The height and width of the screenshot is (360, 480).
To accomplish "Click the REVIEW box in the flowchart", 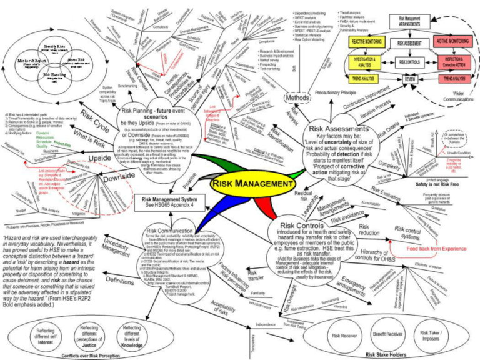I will coord(410,80).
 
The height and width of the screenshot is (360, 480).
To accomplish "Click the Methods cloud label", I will coord(297,97).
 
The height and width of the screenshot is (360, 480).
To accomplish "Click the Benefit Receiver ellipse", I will coord(388,335).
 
